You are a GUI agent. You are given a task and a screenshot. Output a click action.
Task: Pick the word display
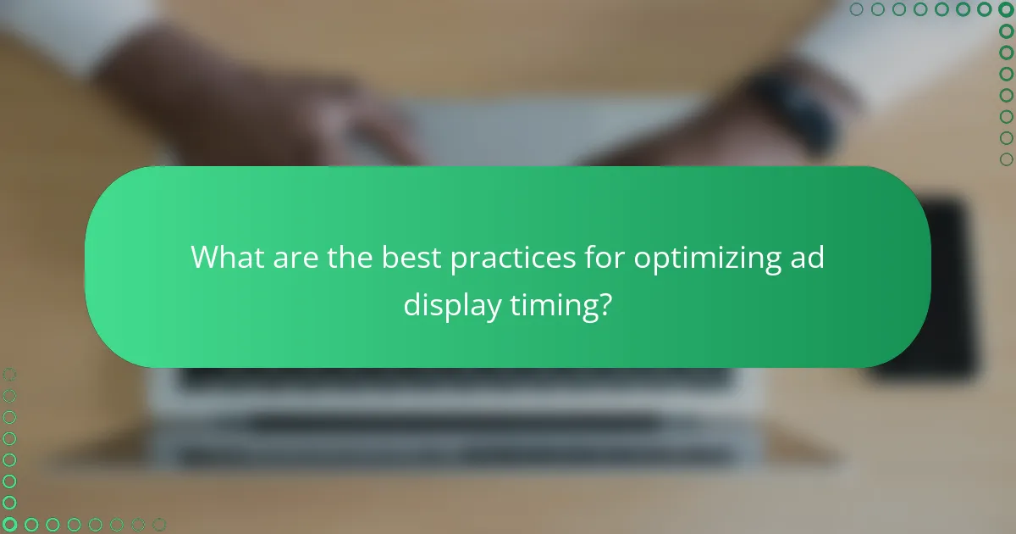point(451,306)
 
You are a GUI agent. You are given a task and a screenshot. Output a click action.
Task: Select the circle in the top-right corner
point(1006,9)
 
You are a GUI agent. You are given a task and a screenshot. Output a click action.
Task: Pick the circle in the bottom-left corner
point(9,525)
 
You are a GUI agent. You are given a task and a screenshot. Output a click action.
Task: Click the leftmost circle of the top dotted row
point(856,9)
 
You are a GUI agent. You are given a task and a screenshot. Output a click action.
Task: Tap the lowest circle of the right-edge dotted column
point(1006,159)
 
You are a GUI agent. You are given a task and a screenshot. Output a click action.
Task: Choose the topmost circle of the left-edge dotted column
point(9,374)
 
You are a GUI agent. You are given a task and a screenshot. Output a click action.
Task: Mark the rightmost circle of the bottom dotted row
point(159,525)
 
